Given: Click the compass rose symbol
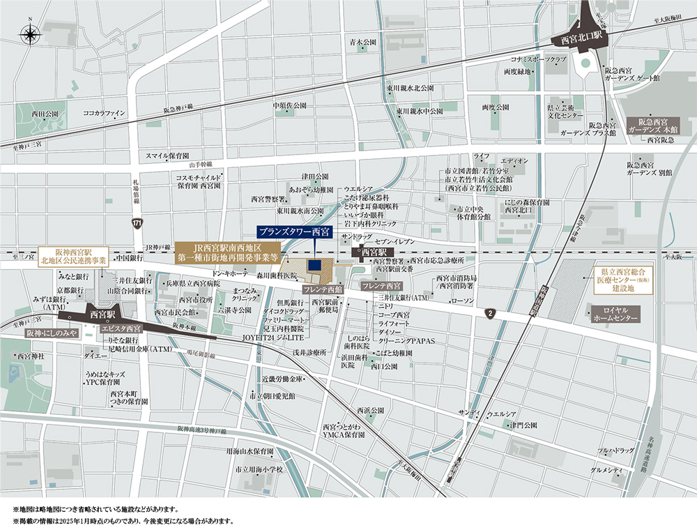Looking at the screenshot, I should click(x=31, y=33).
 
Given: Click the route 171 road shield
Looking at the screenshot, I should click(x=137, y=222).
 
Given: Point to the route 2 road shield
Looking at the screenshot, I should click(x=491, y=312).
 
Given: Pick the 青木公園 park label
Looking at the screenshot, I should click(x=362, y=42).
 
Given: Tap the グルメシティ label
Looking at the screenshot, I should click(x=606, y=470).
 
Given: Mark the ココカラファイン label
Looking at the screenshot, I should click(x=104, y=112).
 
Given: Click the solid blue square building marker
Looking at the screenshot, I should click(x=314, y=266).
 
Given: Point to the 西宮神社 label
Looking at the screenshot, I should click(x=31, y=356).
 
